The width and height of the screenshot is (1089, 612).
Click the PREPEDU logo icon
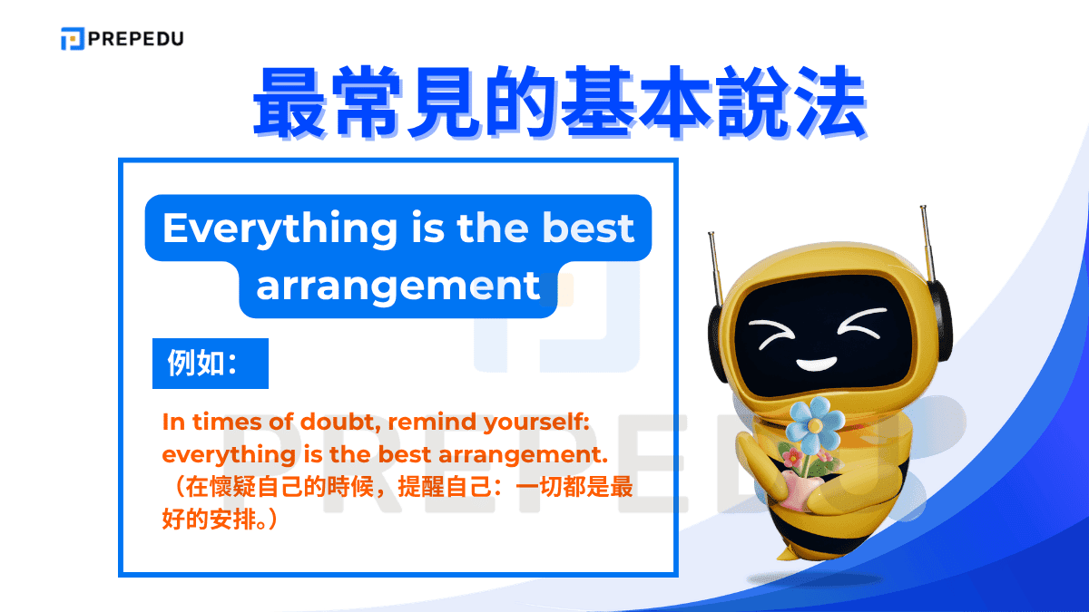tap(73, 39)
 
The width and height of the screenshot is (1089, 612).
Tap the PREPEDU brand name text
tap(135, 39)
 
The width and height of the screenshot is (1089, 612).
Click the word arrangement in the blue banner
tap(398, 287)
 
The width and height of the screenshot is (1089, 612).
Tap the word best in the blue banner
tap(588, 228)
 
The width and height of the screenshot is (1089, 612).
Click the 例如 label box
tap(210, 364)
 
